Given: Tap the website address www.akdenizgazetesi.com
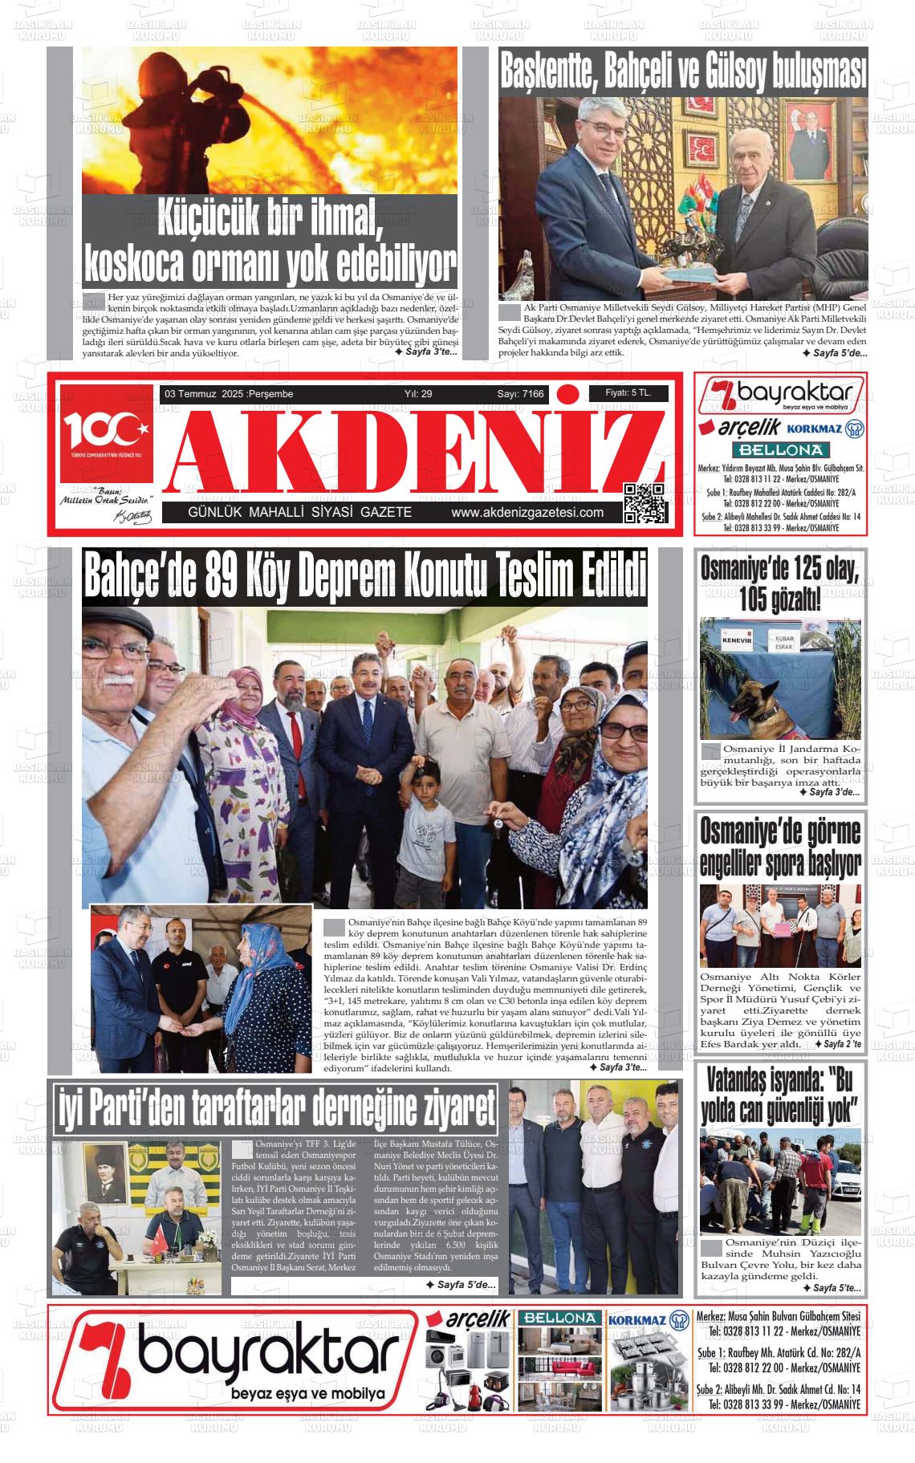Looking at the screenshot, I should click(x=527, y=513).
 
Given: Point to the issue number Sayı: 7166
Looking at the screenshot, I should click(x=520, y=394).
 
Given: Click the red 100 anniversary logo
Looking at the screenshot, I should click(x=105, y=433).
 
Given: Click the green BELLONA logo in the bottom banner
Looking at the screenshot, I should click(x=559, y=1318).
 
